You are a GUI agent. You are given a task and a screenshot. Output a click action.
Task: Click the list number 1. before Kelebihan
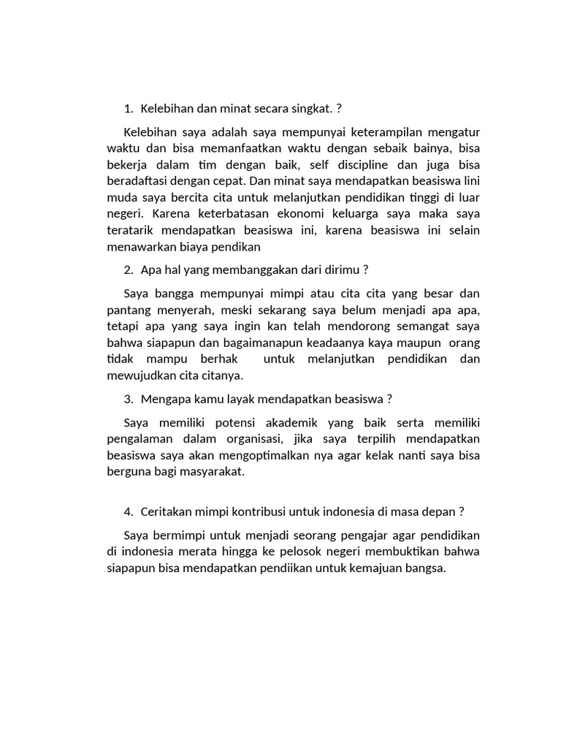point(129,108)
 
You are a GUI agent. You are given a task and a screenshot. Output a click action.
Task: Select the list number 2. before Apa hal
point(129,270)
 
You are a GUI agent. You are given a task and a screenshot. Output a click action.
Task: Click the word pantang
point(126,310)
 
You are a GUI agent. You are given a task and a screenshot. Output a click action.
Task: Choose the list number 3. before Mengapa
point(129,399)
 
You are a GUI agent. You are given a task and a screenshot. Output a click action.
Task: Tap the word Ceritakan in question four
point(167,511)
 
